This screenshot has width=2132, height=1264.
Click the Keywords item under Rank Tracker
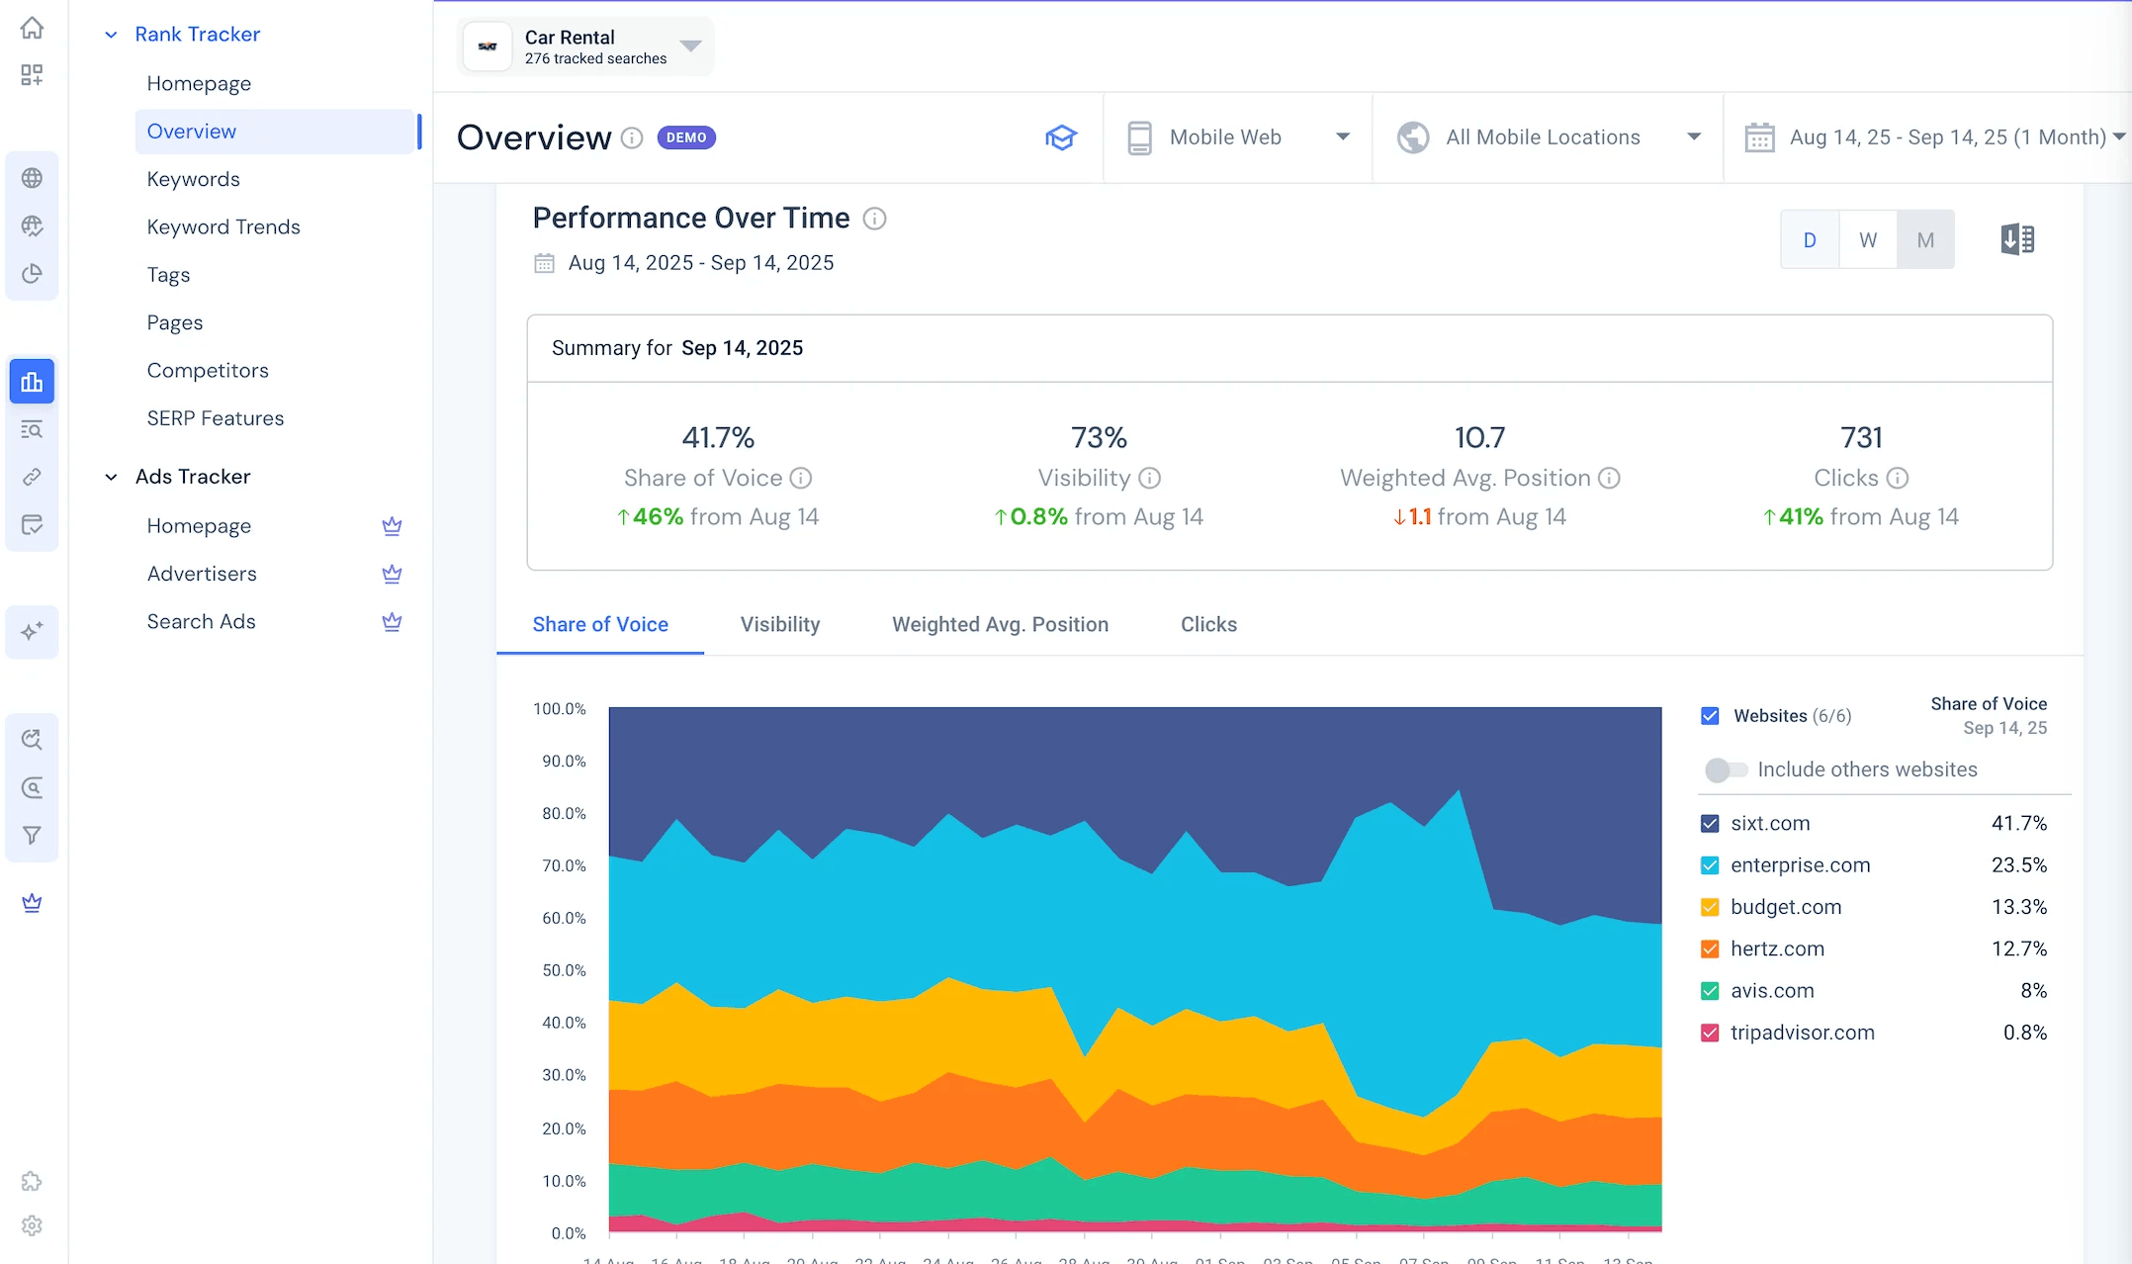click(193, 179)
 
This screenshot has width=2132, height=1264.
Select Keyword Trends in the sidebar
click(222, 226)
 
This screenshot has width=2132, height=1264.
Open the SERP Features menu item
click(215, 418)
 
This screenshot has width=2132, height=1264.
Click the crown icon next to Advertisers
click(392, 574)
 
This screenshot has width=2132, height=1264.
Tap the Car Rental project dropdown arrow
click(690, 45)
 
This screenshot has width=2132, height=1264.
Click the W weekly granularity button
click(1867, 239)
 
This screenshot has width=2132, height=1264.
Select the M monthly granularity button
click(1924, 239)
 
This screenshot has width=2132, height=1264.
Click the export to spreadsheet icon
click(2017, 239)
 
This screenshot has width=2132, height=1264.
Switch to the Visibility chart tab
click(779, 624)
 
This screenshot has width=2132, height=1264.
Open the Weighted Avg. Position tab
click(1000, 624)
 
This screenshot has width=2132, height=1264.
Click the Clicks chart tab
click(1208, 624)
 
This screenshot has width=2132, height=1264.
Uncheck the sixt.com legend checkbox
click(1710, 823)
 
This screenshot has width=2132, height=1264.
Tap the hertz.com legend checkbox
click(1710, 948)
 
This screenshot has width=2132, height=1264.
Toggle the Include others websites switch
click(1726, 769)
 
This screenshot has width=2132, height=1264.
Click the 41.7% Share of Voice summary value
click(718, 437)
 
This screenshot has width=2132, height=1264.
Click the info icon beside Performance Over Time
click(874, 219)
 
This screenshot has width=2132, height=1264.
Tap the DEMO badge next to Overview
click(686, 137)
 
